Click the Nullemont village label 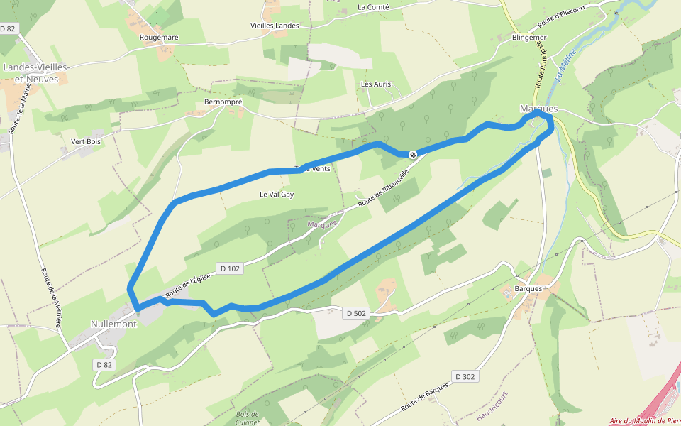[x=113, y=324]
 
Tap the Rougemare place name [x=159, y=37]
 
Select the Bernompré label [x=223, y=102]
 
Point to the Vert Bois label [x=86, y=141]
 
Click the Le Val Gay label [x=277, y=194]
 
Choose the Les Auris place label [x=376, y=84]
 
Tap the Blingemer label [x=529, y=38]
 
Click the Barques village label [x=528, y=289]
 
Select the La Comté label [x=374, y=7]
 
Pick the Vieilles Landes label [x=275, y=26]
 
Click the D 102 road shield [x=230, y=268]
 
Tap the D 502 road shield [x=357, y=313]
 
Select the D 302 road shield [x=464, y=376]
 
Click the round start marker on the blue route [x=412, y=154]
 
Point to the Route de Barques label [x=425, y=397]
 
